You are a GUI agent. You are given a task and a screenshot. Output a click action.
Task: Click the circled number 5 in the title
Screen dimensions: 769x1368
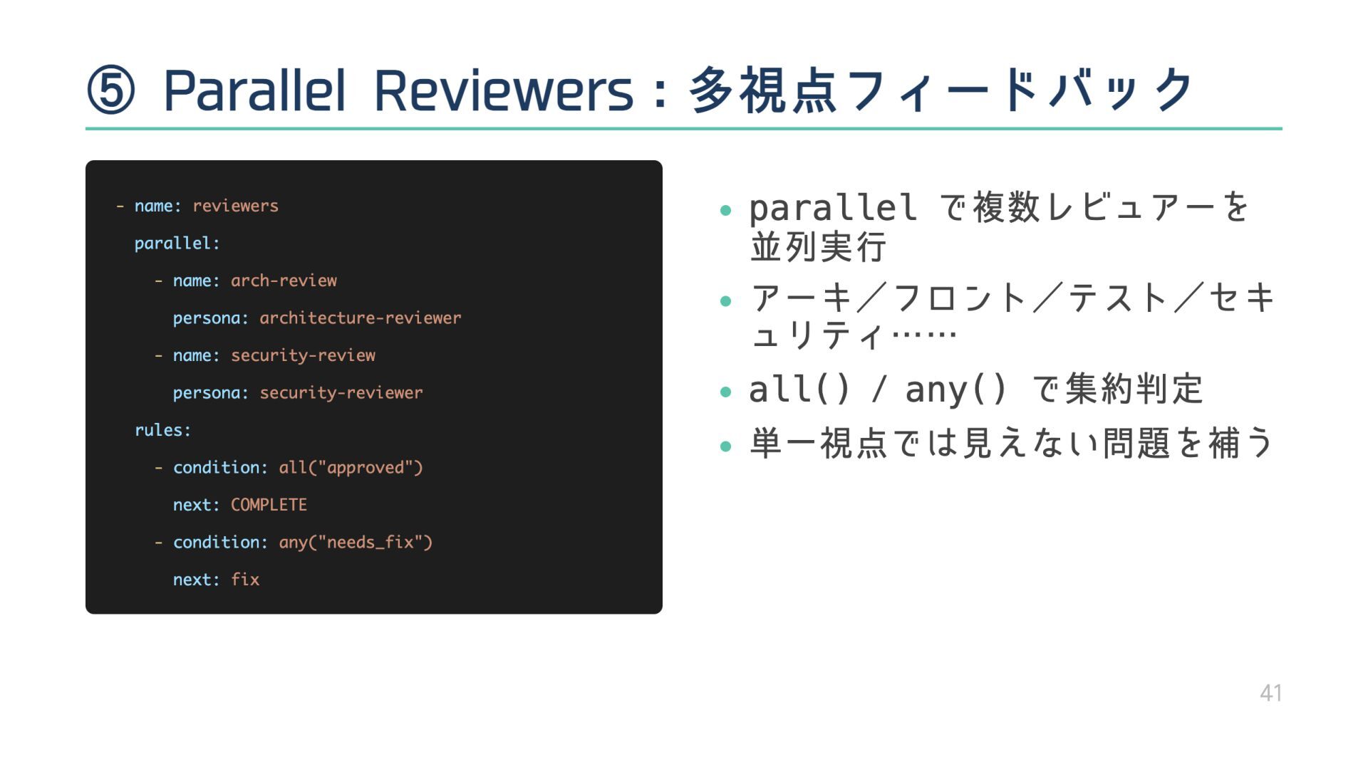point(110,90)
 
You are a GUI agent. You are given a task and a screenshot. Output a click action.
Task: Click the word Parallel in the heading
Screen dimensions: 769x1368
point(254,90)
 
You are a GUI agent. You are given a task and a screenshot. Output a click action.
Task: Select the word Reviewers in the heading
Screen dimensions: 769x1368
point(503,90)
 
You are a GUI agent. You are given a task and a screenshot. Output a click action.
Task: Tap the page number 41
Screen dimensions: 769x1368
point(1270,693)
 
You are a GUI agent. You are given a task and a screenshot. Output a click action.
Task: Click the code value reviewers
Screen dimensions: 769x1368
point(235,206)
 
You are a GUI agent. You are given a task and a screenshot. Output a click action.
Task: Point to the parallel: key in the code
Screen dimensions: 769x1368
point(177,244)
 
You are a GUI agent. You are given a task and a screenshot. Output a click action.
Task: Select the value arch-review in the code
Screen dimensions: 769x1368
point(284,281)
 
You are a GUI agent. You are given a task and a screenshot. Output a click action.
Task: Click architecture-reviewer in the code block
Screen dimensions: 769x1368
point(360,318)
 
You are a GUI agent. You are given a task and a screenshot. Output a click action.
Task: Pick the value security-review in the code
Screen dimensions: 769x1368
point(303,355)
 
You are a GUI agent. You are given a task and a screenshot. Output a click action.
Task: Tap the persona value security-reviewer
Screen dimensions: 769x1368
point(341,393)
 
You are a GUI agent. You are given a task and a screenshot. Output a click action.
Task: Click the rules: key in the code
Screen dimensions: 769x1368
point(162,430)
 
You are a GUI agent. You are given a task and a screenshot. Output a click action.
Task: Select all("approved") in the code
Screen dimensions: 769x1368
point(351,468)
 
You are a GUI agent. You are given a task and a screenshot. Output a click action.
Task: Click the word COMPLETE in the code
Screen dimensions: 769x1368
point(269,505)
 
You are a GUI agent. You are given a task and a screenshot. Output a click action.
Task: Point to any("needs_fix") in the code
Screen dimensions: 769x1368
point(356,543)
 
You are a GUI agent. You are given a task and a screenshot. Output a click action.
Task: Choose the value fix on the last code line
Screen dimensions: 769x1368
point(245,580)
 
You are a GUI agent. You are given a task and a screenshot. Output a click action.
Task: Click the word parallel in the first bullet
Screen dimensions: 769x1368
point(832,208)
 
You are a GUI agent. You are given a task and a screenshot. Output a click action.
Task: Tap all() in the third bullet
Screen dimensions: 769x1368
point(799,389)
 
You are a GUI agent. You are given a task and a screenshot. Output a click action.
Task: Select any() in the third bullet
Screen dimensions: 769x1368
point(955,389)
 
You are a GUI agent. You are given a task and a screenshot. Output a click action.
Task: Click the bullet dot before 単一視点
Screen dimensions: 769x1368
point(726,446)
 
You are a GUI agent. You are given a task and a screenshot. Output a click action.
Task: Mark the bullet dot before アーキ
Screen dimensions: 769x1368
point(726,301)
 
